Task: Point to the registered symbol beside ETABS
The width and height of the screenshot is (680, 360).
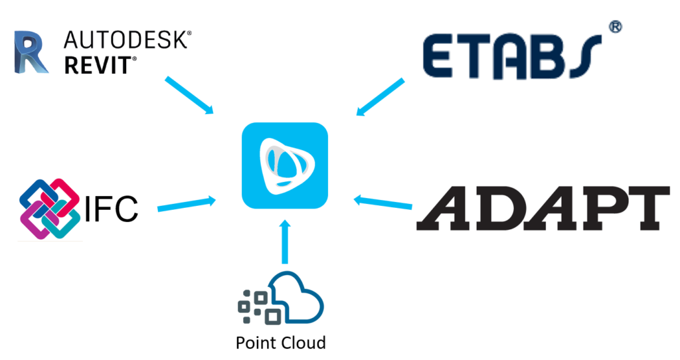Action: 615,27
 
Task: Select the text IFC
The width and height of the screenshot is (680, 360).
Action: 112,209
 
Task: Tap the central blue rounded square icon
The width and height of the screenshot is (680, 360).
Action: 285,166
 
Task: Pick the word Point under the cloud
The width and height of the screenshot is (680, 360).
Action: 256,343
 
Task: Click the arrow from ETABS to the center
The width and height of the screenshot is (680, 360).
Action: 381,97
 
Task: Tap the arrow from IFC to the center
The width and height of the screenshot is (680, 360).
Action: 187,204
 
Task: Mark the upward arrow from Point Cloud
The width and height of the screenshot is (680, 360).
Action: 284,243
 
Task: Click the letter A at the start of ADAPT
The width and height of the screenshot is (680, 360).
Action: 444,208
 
